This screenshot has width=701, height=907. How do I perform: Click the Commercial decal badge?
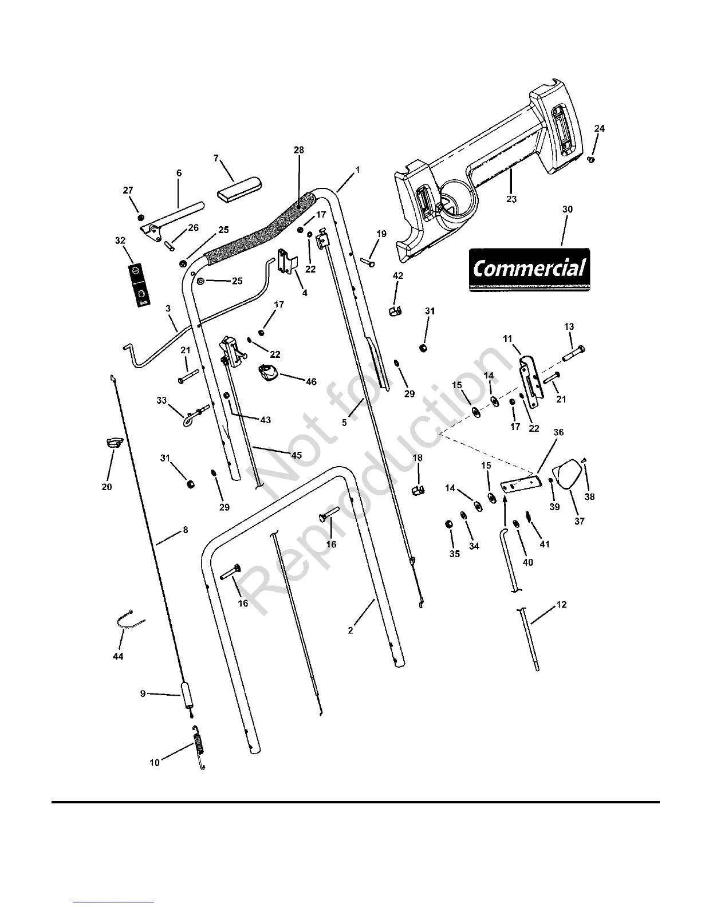[x=529, y=269]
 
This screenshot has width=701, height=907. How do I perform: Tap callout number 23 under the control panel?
[x=511, y=199]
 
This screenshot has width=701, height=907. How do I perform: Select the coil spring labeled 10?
[x=199, y=749]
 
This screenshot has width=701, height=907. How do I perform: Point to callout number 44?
[x=118, y=656]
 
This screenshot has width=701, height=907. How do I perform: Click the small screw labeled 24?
[x=592, y=160]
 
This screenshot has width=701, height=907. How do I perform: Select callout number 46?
[x=311, y=382]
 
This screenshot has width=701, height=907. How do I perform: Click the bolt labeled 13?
[x=573, y=353]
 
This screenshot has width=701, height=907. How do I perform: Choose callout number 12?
[x=562, y=605]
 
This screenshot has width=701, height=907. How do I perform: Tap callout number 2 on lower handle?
[x=350, y=630]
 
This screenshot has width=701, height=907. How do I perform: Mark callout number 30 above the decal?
[x=567, y=210]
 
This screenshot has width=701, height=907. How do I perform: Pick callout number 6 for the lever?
[x=179, y=172]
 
